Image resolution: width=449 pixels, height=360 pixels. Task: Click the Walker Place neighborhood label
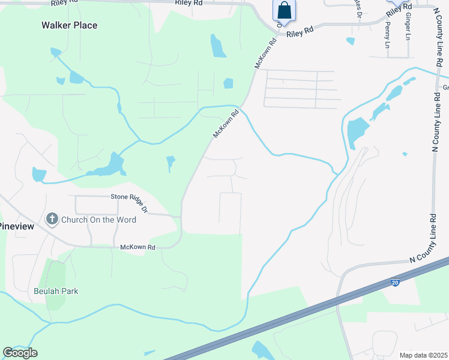click(69, 25)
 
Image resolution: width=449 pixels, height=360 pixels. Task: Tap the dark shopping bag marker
click(284, 11)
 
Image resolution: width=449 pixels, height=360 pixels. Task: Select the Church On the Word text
click(98, 220)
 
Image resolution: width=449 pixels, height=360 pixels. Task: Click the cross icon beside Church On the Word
click(52, 219)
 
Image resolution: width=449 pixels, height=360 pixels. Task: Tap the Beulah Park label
click(56, 291)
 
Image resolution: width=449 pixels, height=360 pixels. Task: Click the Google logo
click(20, 353)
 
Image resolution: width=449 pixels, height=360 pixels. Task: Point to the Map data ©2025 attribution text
click(424, 355)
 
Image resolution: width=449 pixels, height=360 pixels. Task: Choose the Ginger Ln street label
click(408, 26)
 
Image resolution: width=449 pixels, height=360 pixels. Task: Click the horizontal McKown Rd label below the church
click(138, 247)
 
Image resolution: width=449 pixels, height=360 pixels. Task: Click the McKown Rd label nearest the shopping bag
click(266, 53)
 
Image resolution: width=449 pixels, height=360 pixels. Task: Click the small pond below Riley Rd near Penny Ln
click(350, 41)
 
